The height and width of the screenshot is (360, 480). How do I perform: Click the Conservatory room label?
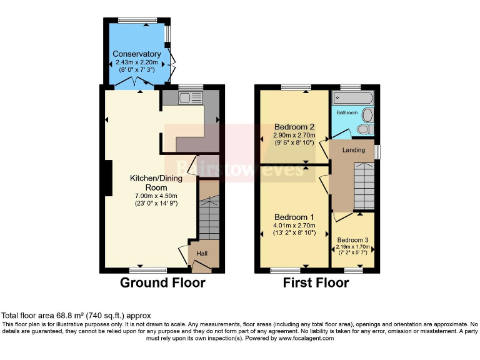[136, 54]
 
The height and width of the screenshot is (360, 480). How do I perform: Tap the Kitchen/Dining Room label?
[156, 182]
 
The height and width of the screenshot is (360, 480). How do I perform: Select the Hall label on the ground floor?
[202, 253]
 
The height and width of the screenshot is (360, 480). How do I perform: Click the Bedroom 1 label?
[294, 217]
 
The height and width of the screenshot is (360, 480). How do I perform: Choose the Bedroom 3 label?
[352, 240]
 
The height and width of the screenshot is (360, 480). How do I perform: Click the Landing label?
[354, 150]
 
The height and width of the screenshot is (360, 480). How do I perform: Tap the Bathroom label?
[347, 112]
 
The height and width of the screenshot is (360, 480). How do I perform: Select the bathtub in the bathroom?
[353, 98]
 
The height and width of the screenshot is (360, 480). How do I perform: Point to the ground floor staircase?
[209, 216]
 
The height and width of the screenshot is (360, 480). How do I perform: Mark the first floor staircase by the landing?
[363, 186]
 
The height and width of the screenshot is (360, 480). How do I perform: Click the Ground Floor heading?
[162, 283]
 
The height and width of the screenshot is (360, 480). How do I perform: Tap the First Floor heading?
[316, 283]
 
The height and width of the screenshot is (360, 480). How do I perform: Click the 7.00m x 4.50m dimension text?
[156, 195]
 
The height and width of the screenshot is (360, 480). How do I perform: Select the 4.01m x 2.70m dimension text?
[294, 226]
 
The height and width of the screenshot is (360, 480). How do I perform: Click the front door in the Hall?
[201, 267]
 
